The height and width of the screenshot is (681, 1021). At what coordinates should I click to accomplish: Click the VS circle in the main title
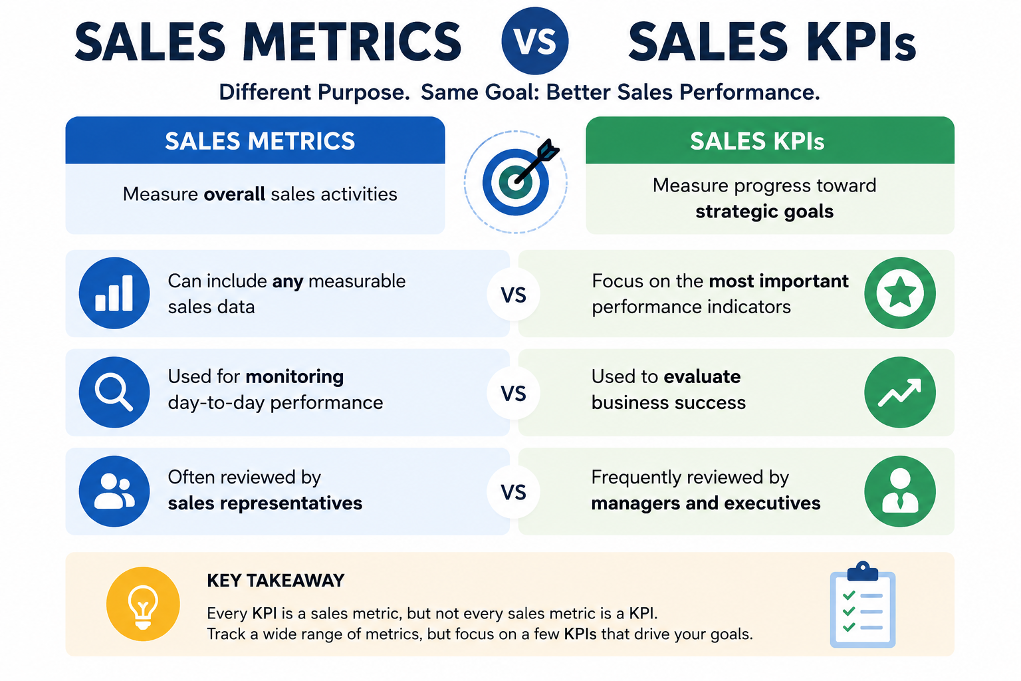click(x=534, y=41)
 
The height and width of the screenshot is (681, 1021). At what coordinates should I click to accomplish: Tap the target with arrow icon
click(x=516, y=182)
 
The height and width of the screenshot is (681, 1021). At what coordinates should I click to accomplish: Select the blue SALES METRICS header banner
click(x=255, y=140)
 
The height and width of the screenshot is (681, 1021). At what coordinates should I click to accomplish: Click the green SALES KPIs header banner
click(x=770, y=140)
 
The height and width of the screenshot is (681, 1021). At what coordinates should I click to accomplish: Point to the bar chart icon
click(x=114, y=293)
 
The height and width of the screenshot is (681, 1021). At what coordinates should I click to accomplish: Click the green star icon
click(x=900, y=293)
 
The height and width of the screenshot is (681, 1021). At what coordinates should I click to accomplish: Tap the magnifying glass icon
click(x=114, y=392)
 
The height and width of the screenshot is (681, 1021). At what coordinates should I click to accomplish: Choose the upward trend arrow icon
click(x=900, y=392)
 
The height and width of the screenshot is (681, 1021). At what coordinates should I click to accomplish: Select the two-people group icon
click(x=114, y=491)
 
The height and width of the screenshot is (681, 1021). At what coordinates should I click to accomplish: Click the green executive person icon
click(x=900, y=491)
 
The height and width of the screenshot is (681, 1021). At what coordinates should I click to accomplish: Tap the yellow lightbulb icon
click(x=143, y=604)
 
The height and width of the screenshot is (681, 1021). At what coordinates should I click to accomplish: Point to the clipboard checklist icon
click(x=862, y=605)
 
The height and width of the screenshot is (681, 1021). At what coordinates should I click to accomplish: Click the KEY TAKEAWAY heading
click(x=276, y=581)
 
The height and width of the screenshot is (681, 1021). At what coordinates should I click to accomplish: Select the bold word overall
click(x=234, y=194)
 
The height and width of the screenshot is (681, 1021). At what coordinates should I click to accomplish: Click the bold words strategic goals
click(x=764, y=212)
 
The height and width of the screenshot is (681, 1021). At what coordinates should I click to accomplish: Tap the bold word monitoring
click(x=294, y=377)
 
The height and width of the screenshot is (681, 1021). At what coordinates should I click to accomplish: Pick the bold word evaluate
click(x=702, y=377)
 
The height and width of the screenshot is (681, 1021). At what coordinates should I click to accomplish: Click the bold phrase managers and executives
click(x=705, y=503)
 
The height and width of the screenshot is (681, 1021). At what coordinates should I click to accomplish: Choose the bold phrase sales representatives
click(x=265, y=503)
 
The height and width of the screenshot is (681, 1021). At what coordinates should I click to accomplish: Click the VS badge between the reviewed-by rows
click(x=513, y=491)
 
